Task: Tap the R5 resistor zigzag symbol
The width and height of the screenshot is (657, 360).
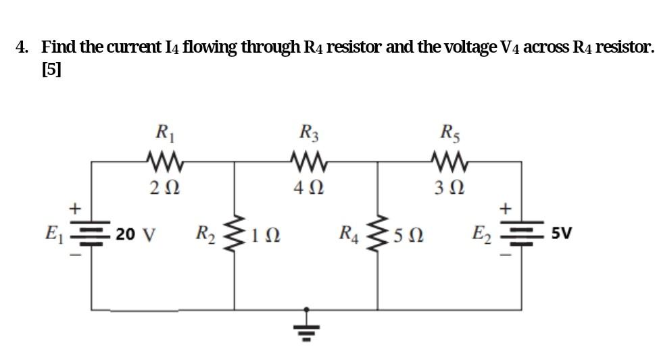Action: [448, 161]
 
